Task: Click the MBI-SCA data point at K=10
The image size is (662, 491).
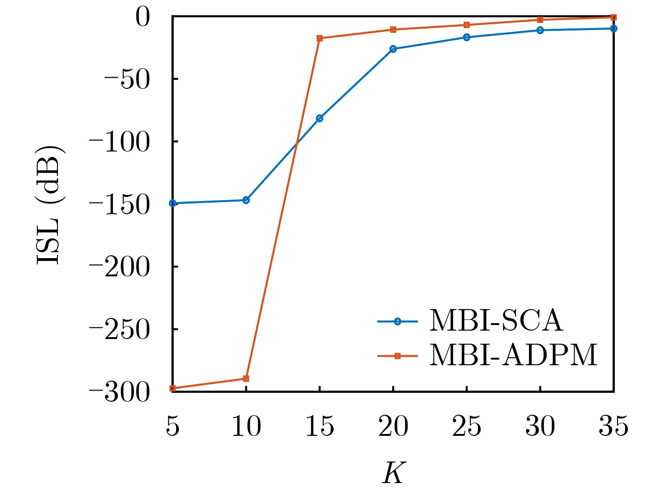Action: (x=246, y=200)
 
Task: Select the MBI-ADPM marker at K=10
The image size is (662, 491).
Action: (x=246, y=378)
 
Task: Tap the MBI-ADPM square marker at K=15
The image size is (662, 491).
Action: (x=320, y=38)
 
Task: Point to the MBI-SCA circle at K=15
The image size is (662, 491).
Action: (x=320, y=118)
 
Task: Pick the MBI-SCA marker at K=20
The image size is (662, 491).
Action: (x=393, y=49)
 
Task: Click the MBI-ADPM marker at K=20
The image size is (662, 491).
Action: (x=393, y=29)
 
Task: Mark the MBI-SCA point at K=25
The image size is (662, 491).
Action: (x=466, y=37)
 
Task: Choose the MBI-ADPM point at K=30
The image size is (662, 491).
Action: (x=540, y=20)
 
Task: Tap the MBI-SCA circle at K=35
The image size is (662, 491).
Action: (x=613, y=29)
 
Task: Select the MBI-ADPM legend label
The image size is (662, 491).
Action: (x=513, y=355)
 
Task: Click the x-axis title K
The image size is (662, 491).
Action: (x=393, y=473)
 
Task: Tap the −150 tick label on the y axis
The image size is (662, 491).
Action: (x=120, y=204)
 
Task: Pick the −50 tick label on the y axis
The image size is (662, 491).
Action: (x=127, y=79)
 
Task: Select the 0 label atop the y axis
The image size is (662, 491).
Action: (x=142, y=17)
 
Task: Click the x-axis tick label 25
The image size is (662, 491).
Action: (x=466, y=426)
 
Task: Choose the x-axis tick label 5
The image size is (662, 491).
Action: (x=172, y=426)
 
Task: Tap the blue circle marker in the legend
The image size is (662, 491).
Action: (x=397, y=321)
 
